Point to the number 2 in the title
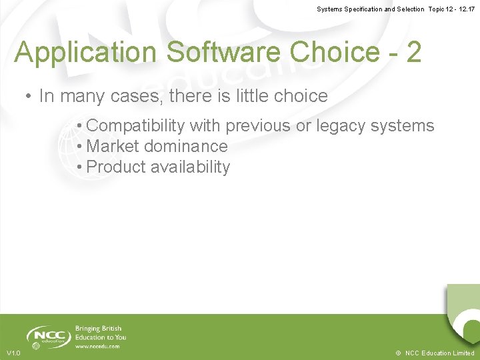click(413, 53)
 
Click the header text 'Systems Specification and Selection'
click(370, 9)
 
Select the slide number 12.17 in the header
click(465, 9)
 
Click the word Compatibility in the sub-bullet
click(135, 125)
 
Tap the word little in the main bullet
click(252, 96)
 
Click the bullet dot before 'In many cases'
click(29, 96)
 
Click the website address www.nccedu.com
click(97, 347)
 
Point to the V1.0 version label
click(13, 353)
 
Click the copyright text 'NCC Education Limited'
click(440, 353)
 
